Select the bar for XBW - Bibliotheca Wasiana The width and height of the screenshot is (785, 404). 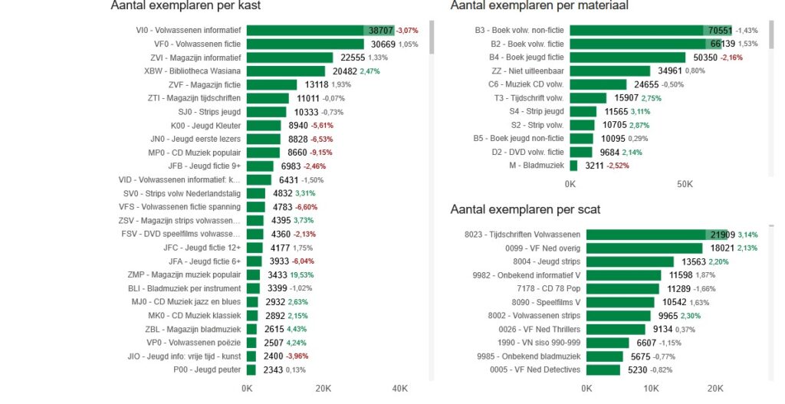click(x=286, y=71)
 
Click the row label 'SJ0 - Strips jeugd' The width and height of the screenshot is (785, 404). click(x=209, y=112)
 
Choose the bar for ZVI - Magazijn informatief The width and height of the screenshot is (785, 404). click(x=290, y=57)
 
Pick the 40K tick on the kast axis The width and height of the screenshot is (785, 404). click(x=399, y=389)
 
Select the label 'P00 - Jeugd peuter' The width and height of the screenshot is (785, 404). click(x=207, y=370)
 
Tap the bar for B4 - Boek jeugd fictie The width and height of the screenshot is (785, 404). click(x=627, y=57)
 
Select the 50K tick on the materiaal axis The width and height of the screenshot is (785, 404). click(x=685, y=185)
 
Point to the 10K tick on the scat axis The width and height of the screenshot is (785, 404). click(x=651, y=389)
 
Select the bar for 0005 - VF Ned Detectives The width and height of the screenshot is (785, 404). click(x=603, y=370)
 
